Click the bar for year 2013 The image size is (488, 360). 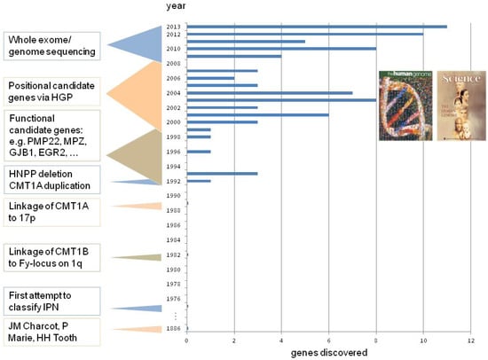tap(317, 27)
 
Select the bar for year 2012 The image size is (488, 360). tap(304, 34)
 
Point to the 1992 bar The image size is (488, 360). tap(199, 181)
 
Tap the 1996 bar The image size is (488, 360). tap(199, 152)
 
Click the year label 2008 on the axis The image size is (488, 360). tap(173, 64)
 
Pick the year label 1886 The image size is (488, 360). tap(173, 328)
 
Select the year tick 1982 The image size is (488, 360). tap(173, 254)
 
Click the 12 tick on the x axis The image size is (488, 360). tap(470, 340)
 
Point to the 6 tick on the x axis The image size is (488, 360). tap(328, 340)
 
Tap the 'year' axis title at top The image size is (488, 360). tap(175, 7)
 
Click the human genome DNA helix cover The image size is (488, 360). tap(405, 105)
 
